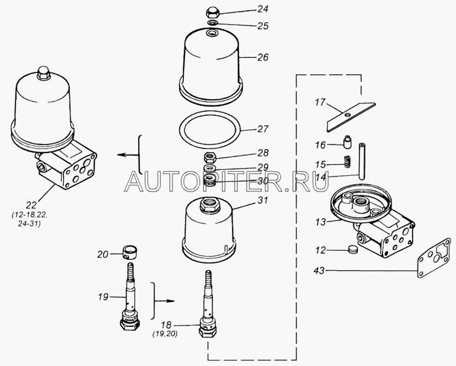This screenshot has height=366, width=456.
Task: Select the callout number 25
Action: [x=263, y=26]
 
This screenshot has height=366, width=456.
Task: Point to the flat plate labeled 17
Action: [x=351, y=117]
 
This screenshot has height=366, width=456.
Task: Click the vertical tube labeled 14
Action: [x=362, y=161]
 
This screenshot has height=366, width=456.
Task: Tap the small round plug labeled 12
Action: [x=352, y=249]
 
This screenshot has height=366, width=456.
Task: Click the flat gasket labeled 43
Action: [x=435, y=257]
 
